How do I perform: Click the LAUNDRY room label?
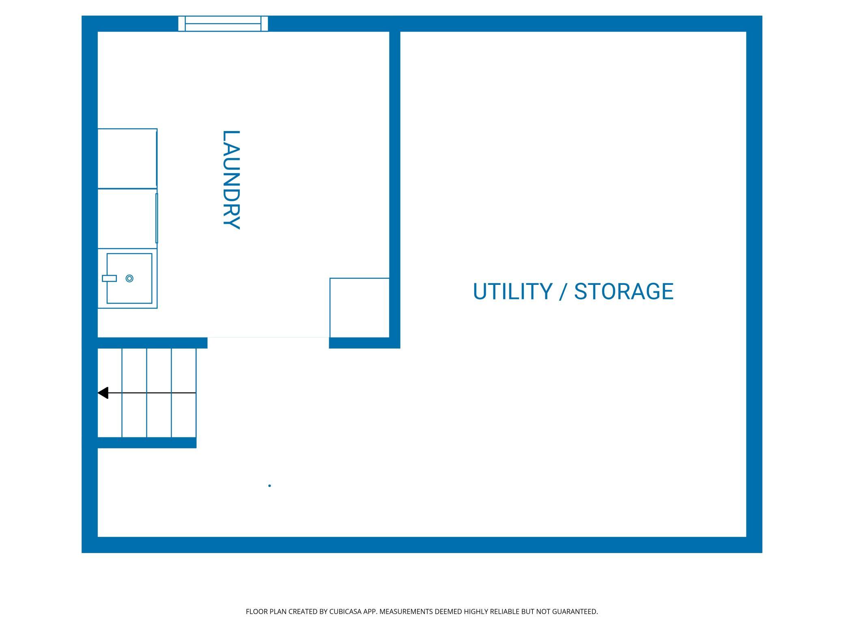point(232,180)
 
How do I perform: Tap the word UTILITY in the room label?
point(512,291)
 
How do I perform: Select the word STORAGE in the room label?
point(624,291)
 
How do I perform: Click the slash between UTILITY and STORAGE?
point(563,291)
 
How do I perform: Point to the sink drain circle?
point(129,278)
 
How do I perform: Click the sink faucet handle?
point(109,278)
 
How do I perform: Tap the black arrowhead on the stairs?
point(103,393)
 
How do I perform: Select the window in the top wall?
point(223,24)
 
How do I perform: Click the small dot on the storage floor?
point(269,486)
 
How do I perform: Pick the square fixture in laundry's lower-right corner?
point(360,308)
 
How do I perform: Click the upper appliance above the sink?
point(127,158)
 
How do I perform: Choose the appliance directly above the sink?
point(127,218)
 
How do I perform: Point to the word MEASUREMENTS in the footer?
point(406,611)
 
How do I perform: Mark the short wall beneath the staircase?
point(147,443)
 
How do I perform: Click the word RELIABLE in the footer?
point(505,611)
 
